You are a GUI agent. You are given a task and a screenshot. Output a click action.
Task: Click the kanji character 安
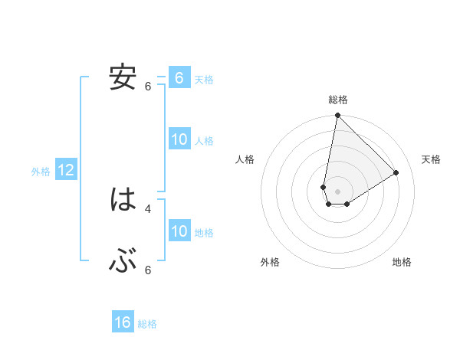tap(123, 77)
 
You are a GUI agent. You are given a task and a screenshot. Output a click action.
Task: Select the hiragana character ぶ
tap(123, 261)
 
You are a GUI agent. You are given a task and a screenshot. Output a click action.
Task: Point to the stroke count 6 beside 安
tap(148, 87)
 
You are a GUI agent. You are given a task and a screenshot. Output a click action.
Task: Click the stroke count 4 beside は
tap(148, 208)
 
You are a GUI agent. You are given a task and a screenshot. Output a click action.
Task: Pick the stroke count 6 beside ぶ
tap(148, 270)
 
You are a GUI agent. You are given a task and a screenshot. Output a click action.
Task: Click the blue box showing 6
tap(179, 77)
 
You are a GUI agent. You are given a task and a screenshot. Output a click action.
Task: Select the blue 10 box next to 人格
tap(179, 139)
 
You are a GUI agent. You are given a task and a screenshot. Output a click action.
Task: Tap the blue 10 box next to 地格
tap(179, 231)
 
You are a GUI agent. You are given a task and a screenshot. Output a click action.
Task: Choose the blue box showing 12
tap(66, 170)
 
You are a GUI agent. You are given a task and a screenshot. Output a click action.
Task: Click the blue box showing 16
tap(123, 322)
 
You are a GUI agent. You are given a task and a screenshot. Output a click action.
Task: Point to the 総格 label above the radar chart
tap(338, 100)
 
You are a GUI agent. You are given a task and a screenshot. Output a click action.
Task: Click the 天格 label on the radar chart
tap(431, 159)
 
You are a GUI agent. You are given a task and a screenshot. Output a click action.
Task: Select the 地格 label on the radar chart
tap(402, 263)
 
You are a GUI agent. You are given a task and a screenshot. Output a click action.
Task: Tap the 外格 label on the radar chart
tap(270, 263)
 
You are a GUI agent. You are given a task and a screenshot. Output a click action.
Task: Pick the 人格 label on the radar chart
tap(245, 159)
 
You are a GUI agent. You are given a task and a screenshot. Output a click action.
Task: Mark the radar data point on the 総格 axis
tap(337, 116)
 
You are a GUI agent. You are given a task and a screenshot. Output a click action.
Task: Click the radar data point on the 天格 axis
tap(396, 172)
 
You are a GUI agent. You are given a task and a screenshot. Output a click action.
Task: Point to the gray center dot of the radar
tap(337, 191)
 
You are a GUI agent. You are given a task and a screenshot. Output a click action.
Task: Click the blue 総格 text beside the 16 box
tap(147, 324)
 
